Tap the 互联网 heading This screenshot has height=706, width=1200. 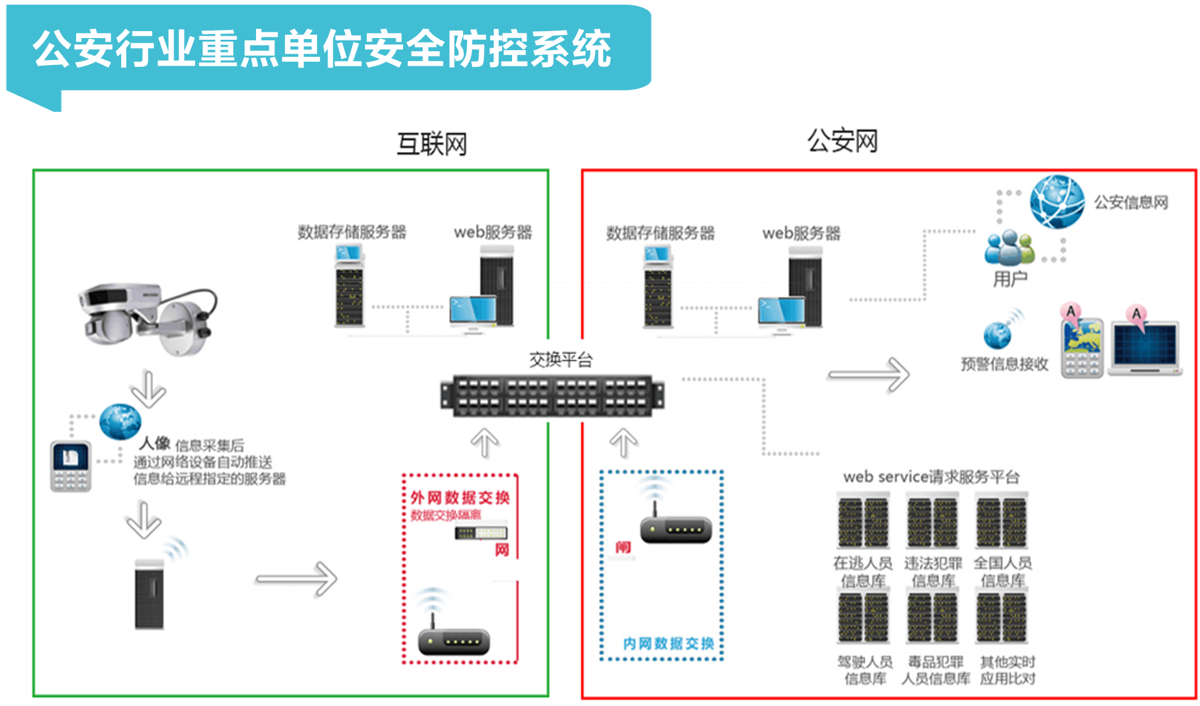coord(431,144)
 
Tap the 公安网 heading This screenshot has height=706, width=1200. coord(842,141)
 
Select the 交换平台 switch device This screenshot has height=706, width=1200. coord(552,395)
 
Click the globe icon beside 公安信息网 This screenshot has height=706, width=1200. coord(1057,202)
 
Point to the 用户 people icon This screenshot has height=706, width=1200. coord(1009,248)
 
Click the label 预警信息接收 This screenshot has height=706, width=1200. coord(1004,364)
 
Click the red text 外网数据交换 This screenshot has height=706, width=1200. coord(460,497)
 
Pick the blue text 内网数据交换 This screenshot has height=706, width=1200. coord(668,643)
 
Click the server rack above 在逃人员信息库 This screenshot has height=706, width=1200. coord(863,522)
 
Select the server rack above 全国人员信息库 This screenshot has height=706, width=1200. coord(1002,522)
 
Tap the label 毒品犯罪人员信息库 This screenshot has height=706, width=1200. coord(935,670)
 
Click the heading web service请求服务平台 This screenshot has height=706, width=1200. coord(931,477)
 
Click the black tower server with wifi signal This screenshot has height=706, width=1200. coord(149,594)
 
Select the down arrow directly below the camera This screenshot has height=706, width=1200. coord(148,389)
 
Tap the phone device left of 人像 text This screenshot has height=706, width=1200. coord(70,466)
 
